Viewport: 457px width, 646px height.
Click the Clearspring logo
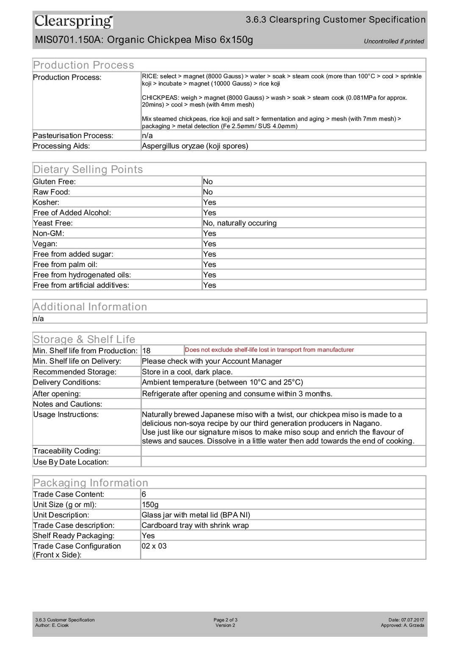point(74,21)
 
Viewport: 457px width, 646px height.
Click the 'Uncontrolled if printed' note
point(394,41)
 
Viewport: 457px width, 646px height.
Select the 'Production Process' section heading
point(83,65)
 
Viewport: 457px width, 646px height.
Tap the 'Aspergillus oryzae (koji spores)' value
point(195,146)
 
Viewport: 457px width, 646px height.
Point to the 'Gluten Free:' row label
point(55,181)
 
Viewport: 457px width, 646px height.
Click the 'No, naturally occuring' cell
point(240,223)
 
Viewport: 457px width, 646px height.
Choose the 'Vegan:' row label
point(45,244)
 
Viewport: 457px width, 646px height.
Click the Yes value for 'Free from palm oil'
point(209,264)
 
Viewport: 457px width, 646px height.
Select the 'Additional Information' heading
point(90,307)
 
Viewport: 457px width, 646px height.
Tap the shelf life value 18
point(146,351)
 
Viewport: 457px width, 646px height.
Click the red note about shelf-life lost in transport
point(269,350)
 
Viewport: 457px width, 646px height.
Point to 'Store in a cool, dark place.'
point(187,372)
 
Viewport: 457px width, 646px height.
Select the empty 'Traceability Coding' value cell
point(283,451)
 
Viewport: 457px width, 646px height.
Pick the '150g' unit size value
point(150,505)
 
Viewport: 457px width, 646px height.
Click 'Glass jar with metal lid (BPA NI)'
point(196,515)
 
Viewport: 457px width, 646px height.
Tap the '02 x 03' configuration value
point(154,546)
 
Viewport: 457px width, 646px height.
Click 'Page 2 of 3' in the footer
point(225,620)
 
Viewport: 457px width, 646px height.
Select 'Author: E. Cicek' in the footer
point(52,625)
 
